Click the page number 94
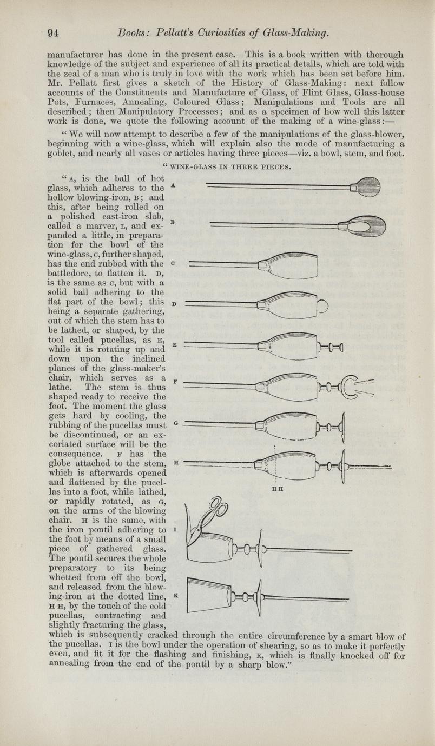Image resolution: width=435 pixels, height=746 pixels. point(51,34)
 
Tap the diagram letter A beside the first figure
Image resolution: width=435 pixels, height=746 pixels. point(172,185)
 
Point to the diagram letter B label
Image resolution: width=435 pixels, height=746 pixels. point(172,222)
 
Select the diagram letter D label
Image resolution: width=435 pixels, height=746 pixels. point(172,304)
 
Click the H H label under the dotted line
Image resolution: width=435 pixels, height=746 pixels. point(278,488)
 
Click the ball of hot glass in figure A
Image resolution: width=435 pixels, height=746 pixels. point(369,188)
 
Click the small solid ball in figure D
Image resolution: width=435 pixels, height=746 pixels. point(324,307)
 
